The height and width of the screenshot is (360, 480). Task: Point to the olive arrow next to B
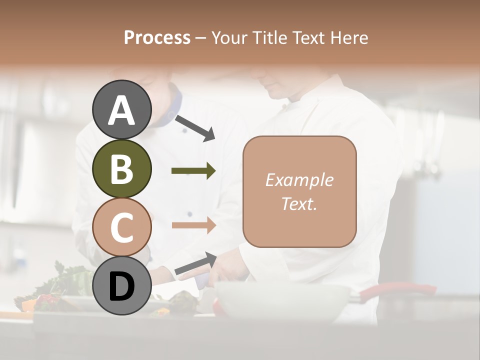click(x=193, y=171)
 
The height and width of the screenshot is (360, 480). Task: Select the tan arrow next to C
click(x=193, y=225)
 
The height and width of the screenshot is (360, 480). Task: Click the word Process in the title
click(x=157, y=37)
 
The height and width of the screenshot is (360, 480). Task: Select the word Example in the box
click(x=299, y=180)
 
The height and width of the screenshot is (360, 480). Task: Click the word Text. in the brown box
click(x=299, y=203)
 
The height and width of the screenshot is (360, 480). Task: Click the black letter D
click(x=121, y=287)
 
